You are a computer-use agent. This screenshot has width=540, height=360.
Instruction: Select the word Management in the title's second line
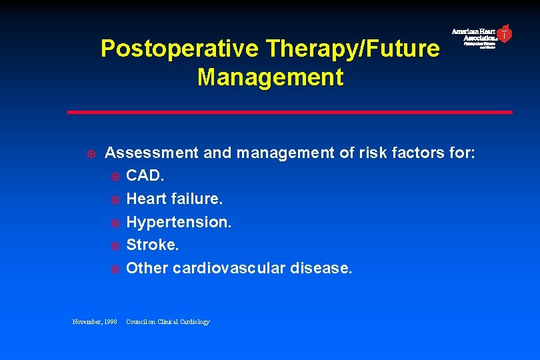click(270, 77)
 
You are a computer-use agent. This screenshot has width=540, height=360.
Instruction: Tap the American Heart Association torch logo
click(505, 33)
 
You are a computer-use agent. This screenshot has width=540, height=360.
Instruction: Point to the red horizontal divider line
click(289, 112)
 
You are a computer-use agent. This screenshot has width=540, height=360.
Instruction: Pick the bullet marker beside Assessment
click(92, 154)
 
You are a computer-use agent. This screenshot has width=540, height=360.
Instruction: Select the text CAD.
click(145, 176)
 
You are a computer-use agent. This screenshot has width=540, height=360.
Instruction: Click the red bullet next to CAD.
click(114, 177)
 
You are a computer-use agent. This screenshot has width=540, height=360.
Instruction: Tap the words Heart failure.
click(175, 199)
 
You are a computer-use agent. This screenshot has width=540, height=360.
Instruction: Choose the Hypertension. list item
click(179, 222)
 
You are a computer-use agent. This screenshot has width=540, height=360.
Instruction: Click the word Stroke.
click(153, 245)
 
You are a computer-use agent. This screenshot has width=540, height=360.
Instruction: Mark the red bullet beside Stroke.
click(114, 246)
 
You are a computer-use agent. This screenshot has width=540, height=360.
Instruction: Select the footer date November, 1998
click(95, 322)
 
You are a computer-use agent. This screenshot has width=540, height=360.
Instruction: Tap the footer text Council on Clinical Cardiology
click(167, 322)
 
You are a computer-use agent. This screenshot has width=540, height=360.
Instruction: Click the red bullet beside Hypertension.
click(114, 223)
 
